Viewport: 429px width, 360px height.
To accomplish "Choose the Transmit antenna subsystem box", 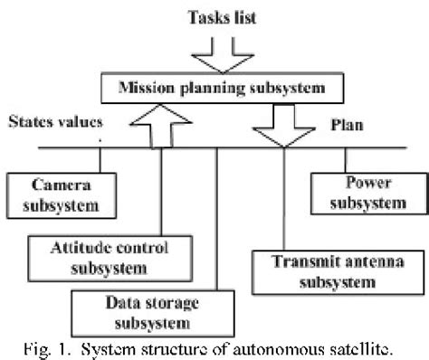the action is coord(323,271).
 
